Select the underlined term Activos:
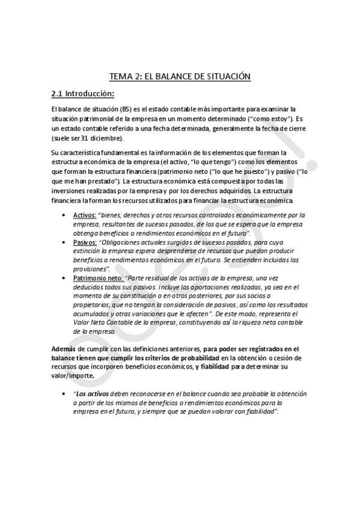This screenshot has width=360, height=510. point(85,215)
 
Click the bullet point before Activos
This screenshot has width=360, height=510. point(65,215)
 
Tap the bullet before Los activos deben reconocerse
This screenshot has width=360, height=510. point(65,393)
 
